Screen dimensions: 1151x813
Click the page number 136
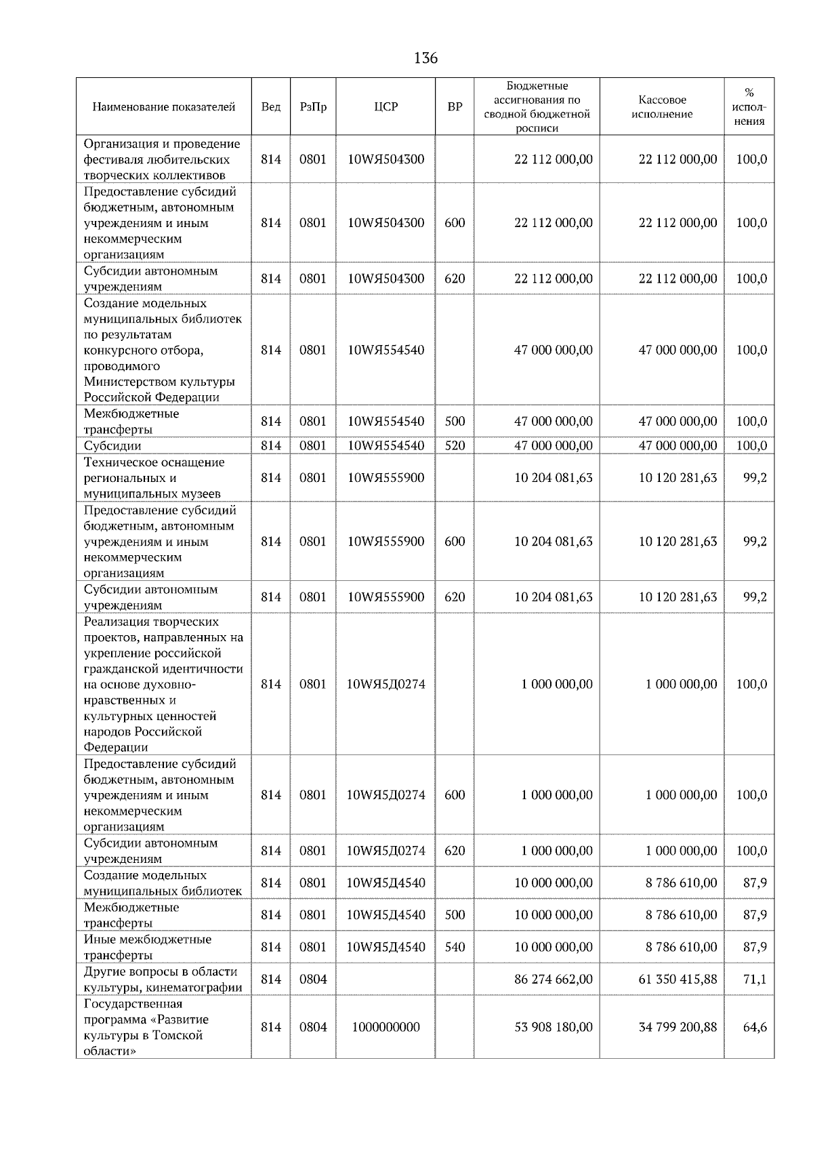coord(425,58)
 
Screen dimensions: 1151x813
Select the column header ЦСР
coord(385,107)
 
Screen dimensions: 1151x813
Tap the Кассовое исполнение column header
coord(662,107)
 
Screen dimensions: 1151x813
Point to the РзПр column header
coord(312,107)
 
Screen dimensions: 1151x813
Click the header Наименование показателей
coord(164,107)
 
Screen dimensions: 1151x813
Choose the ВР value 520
coord(455,445)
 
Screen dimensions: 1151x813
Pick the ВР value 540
coord(455,947)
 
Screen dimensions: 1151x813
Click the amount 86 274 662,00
coord(553,979)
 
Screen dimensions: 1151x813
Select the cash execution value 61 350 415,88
coord(677,979)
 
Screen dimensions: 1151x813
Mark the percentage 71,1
coord(755,979)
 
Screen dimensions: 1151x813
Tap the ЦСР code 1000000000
coord(385,1027)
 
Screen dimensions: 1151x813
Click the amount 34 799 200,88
coord(677,1027)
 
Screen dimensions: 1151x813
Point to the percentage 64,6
coord(755,1027)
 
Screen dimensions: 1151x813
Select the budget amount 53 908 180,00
coord(553,1027)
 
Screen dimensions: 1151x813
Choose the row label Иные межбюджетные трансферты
coord(148,947)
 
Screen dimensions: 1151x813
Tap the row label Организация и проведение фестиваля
coord(161,159)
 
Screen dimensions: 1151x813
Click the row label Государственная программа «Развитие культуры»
coord(146,1027)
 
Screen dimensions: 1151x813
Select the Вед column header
coord(270,107)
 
